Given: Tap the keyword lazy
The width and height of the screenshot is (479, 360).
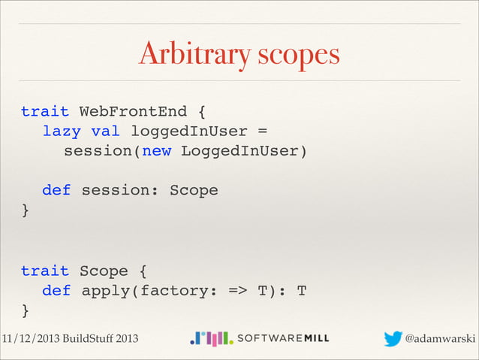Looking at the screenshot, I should point(62,132).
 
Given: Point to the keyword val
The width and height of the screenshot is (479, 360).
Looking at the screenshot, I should point(104,132).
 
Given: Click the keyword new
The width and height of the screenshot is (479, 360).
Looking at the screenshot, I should point(156,151).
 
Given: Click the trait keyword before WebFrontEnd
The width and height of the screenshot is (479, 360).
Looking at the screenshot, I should point(44,112).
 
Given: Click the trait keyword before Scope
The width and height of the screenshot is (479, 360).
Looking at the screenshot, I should point(44,271).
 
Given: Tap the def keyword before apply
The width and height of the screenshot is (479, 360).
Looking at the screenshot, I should point(56,290).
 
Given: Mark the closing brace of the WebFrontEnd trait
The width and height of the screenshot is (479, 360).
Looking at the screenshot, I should point(26,210).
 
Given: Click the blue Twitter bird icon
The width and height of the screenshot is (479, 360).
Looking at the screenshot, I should point(393,339).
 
